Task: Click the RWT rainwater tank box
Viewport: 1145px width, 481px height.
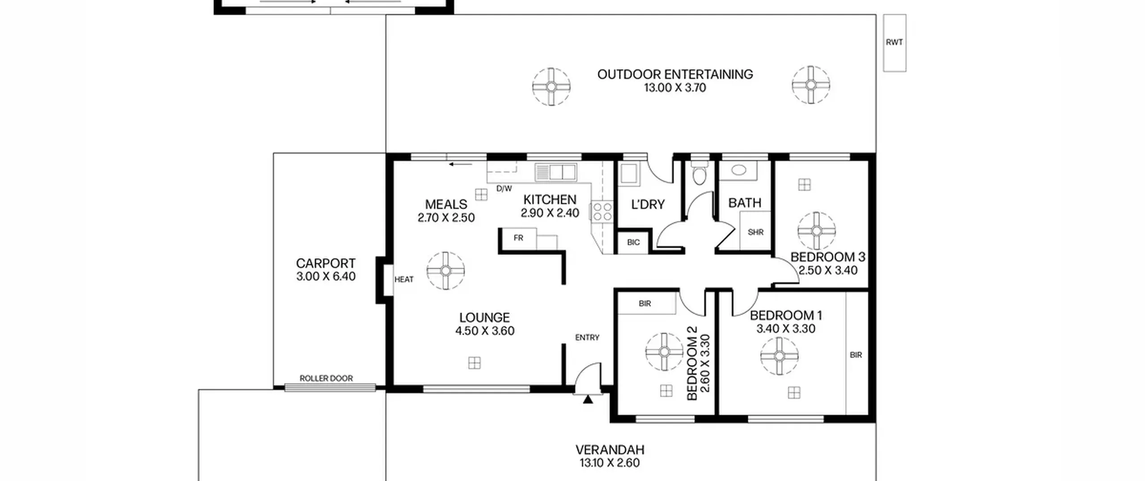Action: tap(895, 43)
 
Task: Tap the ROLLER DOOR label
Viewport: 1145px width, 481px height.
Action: tap(326, 378)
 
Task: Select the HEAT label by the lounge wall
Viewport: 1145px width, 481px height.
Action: tap(404, 280)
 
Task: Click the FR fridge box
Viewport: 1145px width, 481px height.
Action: tap(518, 238)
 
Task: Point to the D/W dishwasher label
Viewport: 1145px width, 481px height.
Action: tap(504, 189)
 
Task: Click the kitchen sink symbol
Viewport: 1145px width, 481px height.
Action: tap(556, 172)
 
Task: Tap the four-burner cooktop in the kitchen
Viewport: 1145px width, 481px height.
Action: tap(602, 212)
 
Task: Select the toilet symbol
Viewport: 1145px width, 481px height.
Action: tap(699, 173)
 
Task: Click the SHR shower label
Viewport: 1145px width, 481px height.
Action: tap(755, 232)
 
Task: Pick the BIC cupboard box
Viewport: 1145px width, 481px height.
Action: tap(633, 243)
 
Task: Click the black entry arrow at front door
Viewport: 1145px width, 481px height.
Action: tap(588, 399)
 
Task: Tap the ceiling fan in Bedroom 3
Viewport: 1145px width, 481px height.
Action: tap(816, 231)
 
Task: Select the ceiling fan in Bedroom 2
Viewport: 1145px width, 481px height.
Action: tap(664, 352)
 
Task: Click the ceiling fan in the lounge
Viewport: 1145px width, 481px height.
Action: tap(445, 270)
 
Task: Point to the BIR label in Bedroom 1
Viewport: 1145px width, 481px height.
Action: tap(856, 355)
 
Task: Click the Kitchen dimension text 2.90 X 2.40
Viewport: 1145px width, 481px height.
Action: tap(550, 213)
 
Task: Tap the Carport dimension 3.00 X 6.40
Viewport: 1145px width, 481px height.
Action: tap(326, 276)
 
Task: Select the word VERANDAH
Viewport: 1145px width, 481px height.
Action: tap(610, 449)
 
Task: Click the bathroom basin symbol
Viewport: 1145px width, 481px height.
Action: tap(738, 170)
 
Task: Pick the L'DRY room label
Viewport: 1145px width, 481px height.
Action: tap(648, 204)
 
